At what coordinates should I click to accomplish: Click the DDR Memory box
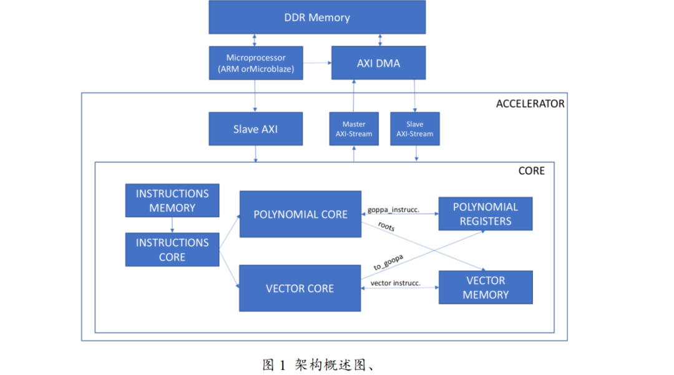point(316,17)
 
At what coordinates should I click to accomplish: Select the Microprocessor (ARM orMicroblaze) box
point(256,63)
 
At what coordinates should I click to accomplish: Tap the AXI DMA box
point(378,63)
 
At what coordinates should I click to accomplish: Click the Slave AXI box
point(255,129)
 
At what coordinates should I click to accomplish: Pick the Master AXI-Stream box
point(354,129)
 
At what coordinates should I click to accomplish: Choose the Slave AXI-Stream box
point(414,129)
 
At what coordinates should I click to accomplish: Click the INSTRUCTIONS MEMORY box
point(172,200)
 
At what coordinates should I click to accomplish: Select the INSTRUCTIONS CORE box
point(172,250)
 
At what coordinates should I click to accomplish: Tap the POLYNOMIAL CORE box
point(300,214)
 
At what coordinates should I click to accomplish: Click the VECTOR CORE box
point(300,288)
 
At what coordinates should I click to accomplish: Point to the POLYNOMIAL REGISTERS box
point(485,214)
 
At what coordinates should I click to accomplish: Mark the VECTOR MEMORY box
point(485,288)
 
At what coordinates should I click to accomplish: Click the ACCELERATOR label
point(530,104)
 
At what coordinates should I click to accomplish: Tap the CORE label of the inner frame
point(531,170)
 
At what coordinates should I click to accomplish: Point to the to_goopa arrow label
point(388,261)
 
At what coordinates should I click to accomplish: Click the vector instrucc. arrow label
point(395,283)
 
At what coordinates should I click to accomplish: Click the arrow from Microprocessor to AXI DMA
point(317,62)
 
